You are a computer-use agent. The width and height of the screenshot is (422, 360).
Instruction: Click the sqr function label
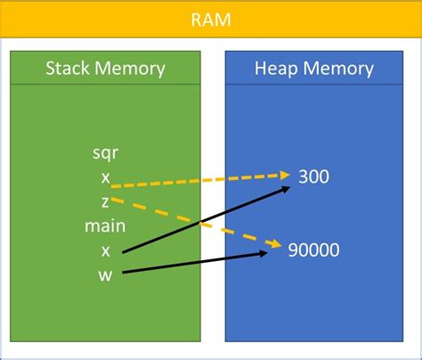pyautogui.click(x=105, y=152)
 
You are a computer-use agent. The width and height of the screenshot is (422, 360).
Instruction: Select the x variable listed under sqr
pyautogui.click(x=105, y=177)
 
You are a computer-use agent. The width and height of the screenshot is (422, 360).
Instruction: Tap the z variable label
pyautogui.click(x=105, y=201)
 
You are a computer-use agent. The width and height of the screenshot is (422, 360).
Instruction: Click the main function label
pyautogui.click(x=105, y=225)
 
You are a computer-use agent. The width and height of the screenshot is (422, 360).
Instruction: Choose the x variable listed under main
pyautogui.click(x=105, y=250)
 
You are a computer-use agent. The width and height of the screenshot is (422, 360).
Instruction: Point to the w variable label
pyautogui.click(x=105, y=274)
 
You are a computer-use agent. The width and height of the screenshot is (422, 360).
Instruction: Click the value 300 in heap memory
pyautogui.click(x=313, y=176)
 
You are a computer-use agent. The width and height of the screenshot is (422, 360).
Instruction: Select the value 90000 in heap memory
pyautogui.click(x=313, y=250)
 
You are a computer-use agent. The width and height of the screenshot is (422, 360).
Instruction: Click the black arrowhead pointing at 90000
pyautogui.click(x=264, y=254)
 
